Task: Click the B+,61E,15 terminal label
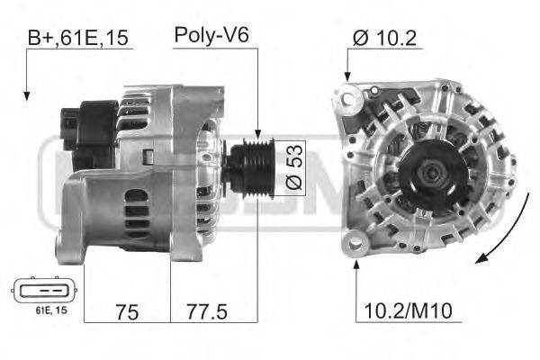(x=77, y=38)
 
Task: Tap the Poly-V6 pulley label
(x=211, y=35)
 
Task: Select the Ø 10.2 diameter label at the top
(x=384, y=38)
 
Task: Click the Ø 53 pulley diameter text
(x=293, y=166)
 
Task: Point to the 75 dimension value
(x=127, y=312)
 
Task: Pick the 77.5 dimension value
(x=207, y=311)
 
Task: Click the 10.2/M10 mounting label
(x=408, y=310)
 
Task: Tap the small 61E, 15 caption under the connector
(x=51, y=310)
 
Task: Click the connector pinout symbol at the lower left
(x=44, y=290)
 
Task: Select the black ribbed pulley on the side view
(x=251, y=168)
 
